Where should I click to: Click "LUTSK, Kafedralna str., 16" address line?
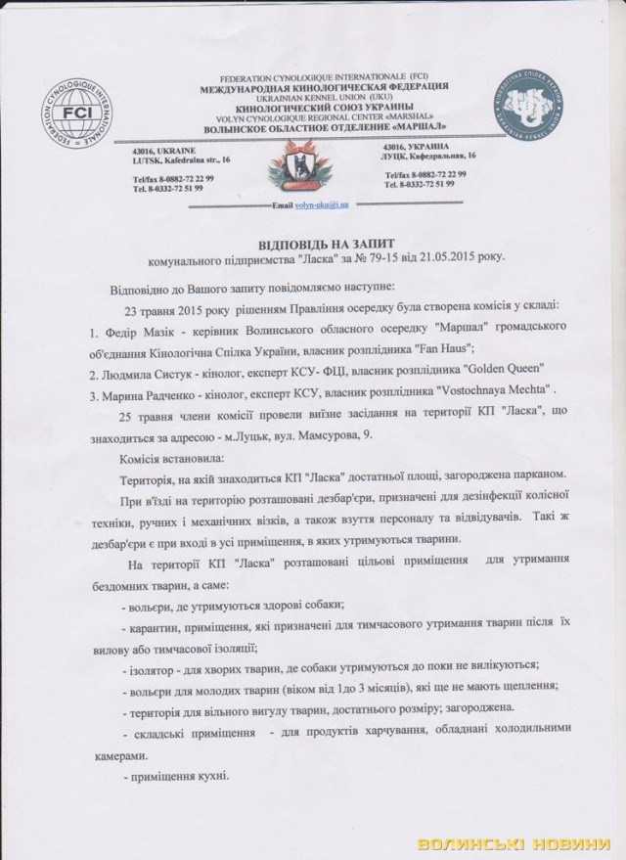click(x=182, y=157)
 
